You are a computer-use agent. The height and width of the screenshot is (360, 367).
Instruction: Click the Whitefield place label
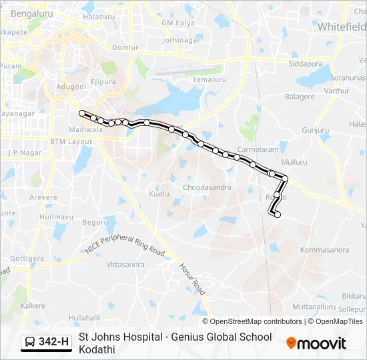(341, 27)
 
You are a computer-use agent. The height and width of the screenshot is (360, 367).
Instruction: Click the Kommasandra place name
(325, 250)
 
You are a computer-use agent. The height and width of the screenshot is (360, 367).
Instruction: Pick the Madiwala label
(85, 130)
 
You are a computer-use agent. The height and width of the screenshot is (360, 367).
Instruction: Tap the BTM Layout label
(71, 142)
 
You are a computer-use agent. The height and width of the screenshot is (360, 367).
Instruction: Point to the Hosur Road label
(192, 278)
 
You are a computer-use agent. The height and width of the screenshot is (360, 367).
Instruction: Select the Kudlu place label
(159, 193)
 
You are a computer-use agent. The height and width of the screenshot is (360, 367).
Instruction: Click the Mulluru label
(294, 162)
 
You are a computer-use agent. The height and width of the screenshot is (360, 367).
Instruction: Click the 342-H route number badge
(47, 342)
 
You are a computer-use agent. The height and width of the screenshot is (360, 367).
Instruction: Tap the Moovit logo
(316, 343)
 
